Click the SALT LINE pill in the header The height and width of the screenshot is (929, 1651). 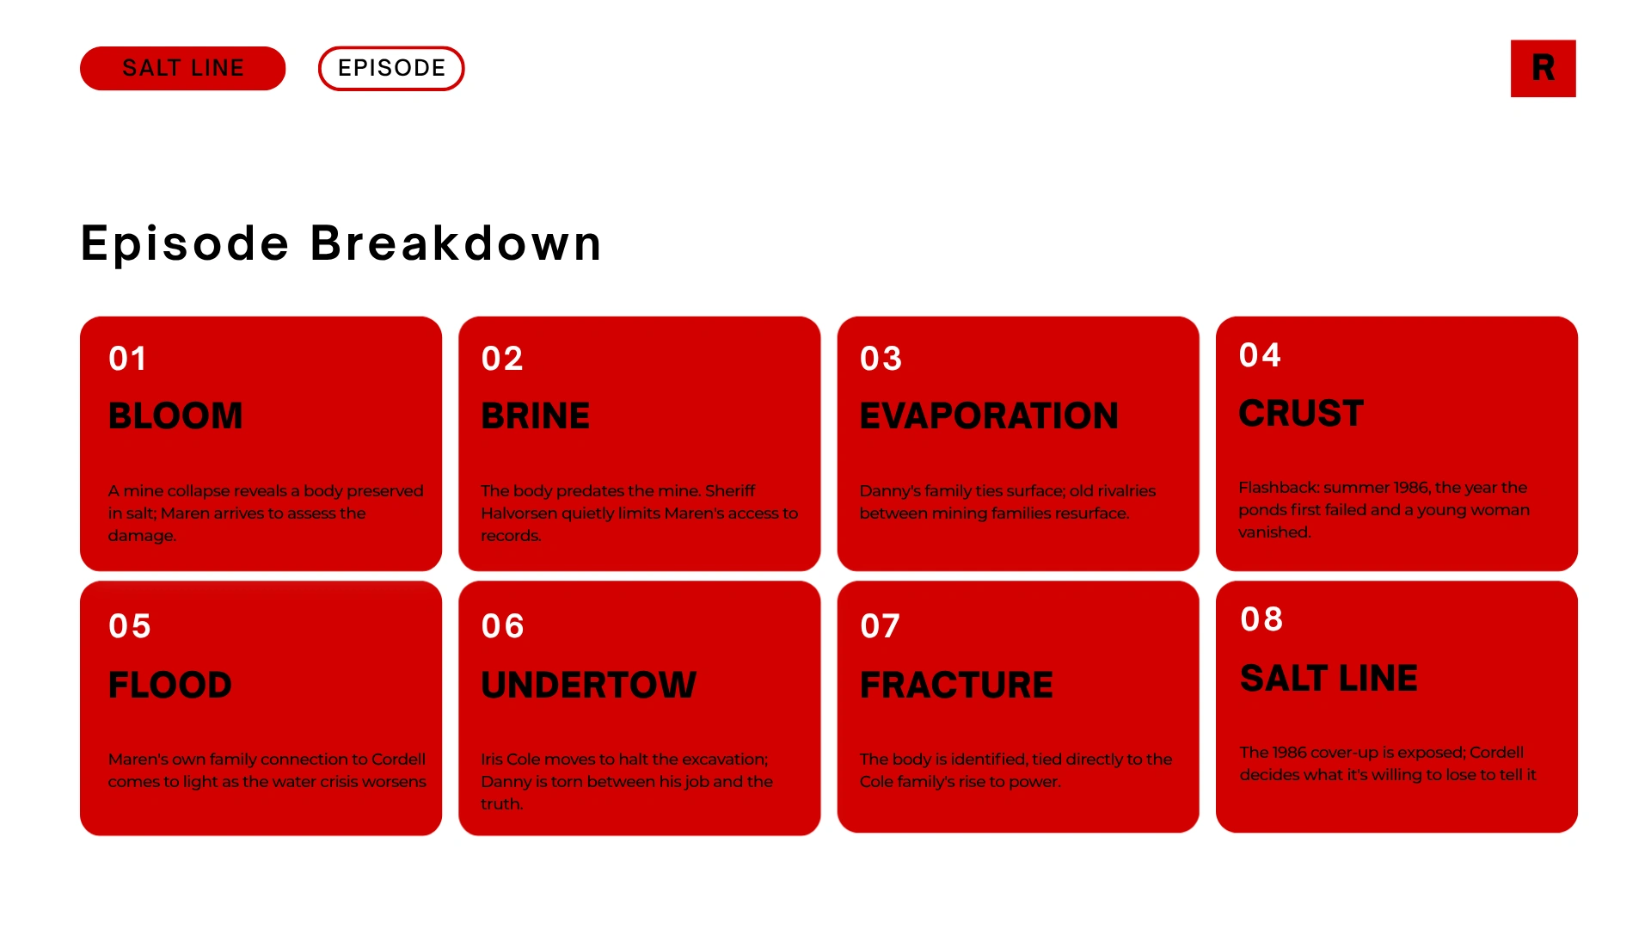[182, 68]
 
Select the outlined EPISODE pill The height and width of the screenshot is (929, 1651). [391, 68]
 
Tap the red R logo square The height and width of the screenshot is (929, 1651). [1543, 68]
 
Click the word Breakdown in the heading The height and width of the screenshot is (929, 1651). [456, 243]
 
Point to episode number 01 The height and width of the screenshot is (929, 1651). [128, 359]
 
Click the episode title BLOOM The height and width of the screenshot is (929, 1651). [175, 416]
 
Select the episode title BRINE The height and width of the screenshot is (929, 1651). [535, 416]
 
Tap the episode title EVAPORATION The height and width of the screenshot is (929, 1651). [989, 416]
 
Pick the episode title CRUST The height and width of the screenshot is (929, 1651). [1301, 414]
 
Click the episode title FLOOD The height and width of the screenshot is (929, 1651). [170, 686]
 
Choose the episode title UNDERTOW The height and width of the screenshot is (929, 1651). [589, 686]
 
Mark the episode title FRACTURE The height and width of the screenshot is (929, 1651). [956, 686]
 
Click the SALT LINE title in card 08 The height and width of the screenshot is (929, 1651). [1329, 679]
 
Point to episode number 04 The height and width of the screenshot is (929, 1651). [1261, 355]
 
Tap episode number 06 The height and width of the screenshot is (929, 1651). [503, 626]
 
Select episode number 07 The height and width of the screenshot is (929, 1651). [881, 626]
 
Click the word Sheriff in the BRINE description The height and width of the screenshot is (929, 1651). [730, 491]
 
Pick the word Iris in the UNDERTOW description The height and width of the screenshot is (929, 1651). [492, 760]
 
